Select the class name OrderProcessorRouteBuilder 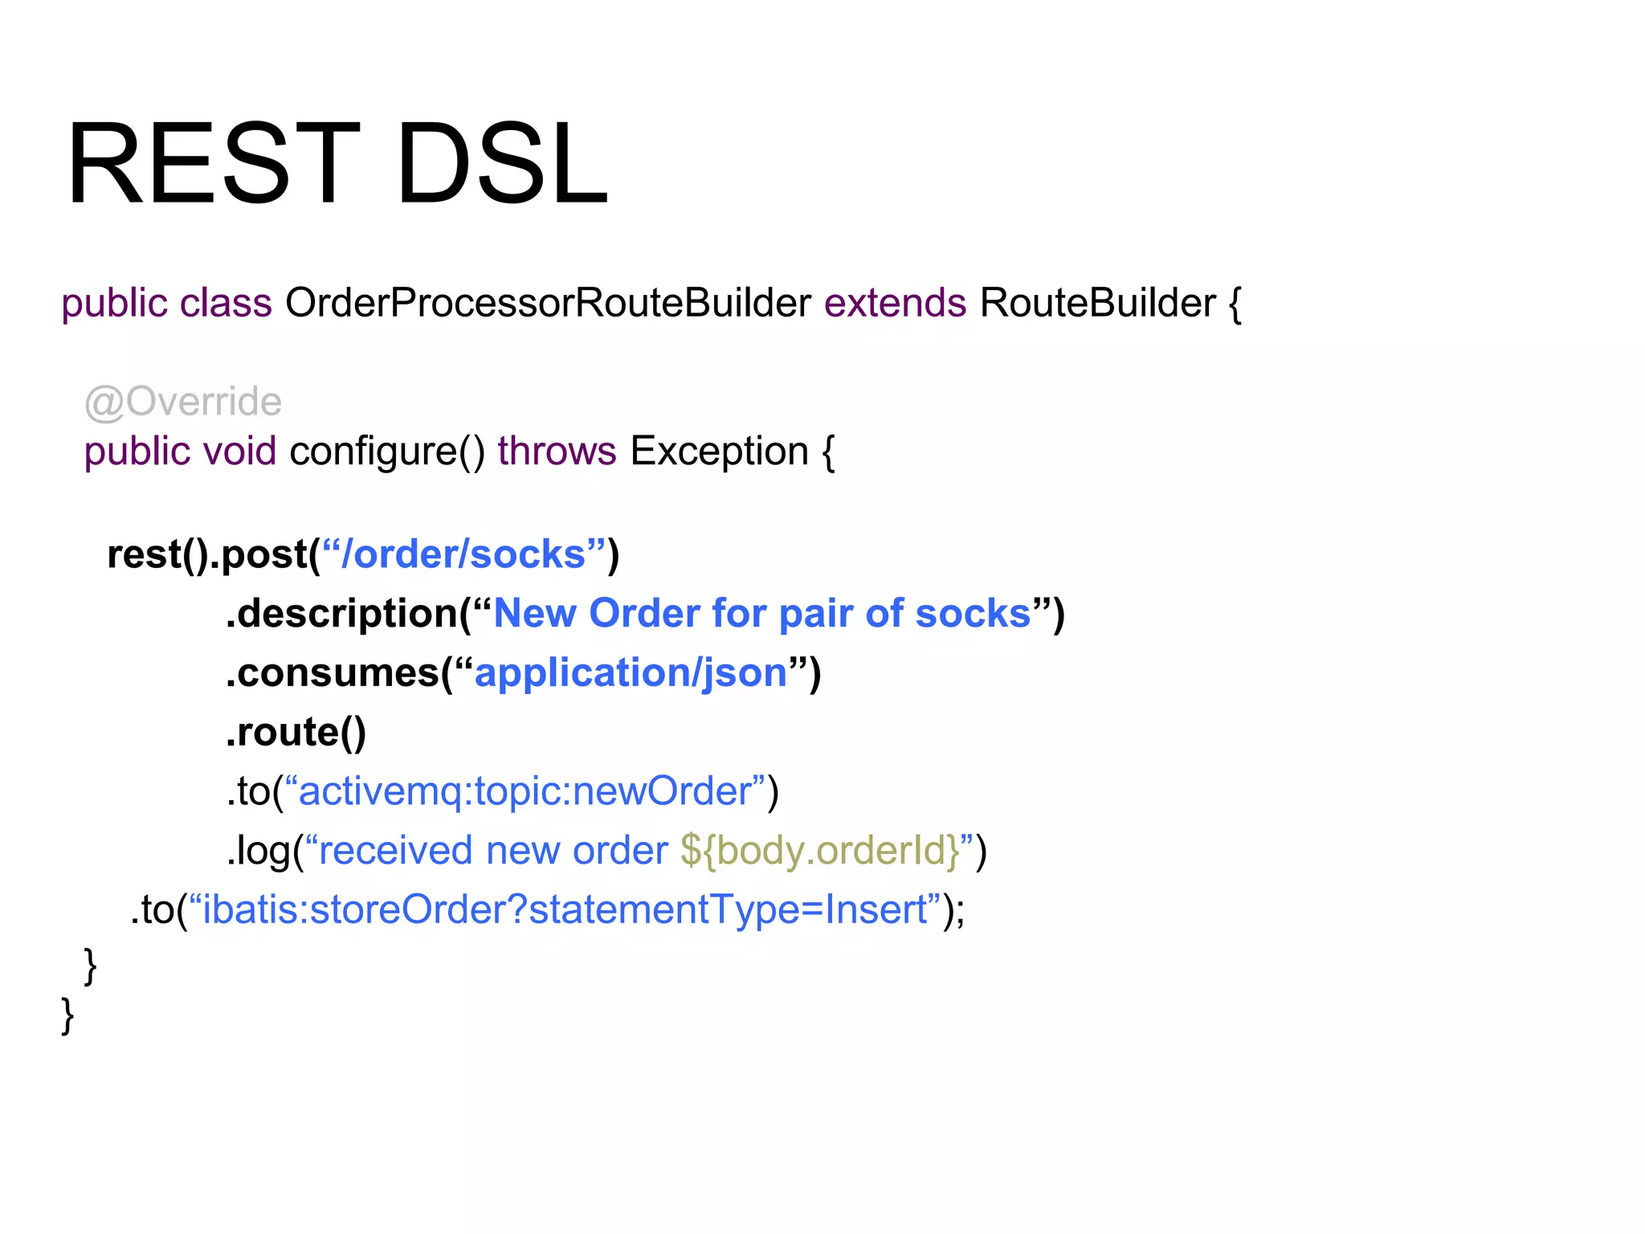(x=548, y=304)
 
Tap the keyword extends (x=895, y=304)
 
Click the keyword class (x=226, y=304)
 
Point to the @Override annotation (x=183, y=402)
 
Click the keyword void (x=239, y=452)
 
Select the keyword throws (x=557, y=452)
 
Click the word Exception (x=719, y=452)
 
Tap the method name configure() (x=387, y=452)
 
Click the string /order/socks (x=463, y=554)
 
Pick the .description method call (x=342, y=614)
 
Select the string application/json (x=631, y=673)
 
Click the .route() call (x=296, y=732)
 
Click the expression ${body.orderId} (x=820, y=851)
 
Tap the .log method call (x=259, y=851)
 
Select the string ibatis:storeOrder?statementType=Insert (x=565, y=910)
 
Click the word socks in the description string (x=973, y=614)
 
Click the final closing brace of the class (x=67, y=1015)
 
